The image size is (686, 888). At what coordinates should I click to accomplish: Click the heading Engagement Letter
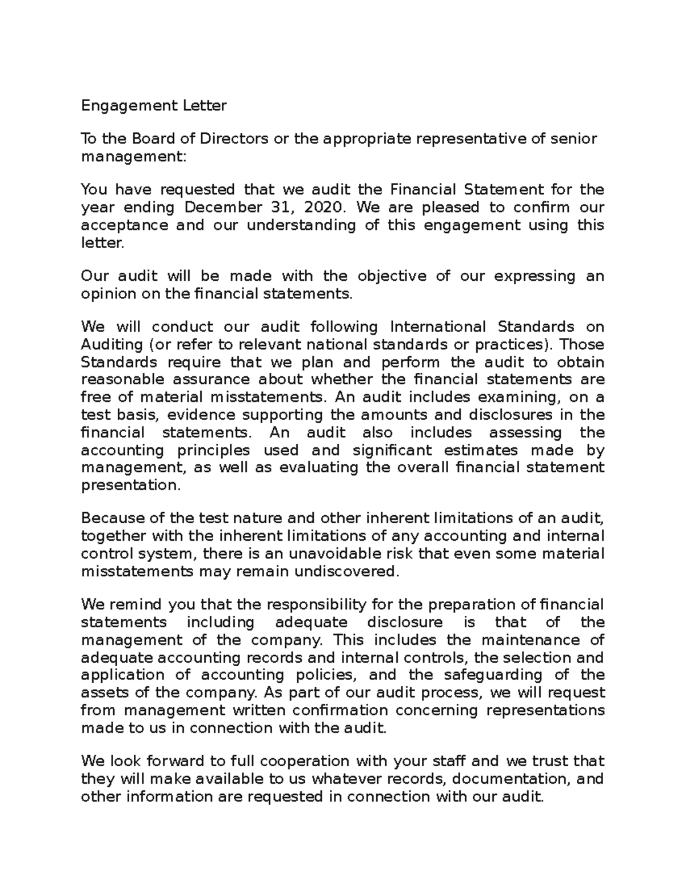tap(154, 106)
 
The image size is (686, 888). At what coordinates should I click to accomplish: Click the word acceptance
tap(125, 225)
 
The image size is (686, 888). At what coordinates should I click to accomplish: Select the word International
tap(437, 327)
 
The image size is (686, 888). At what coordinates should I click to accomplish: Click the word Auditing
tap(112, 345)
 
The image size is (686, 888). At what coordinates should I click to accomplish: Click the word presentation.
tap(131, 485)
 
